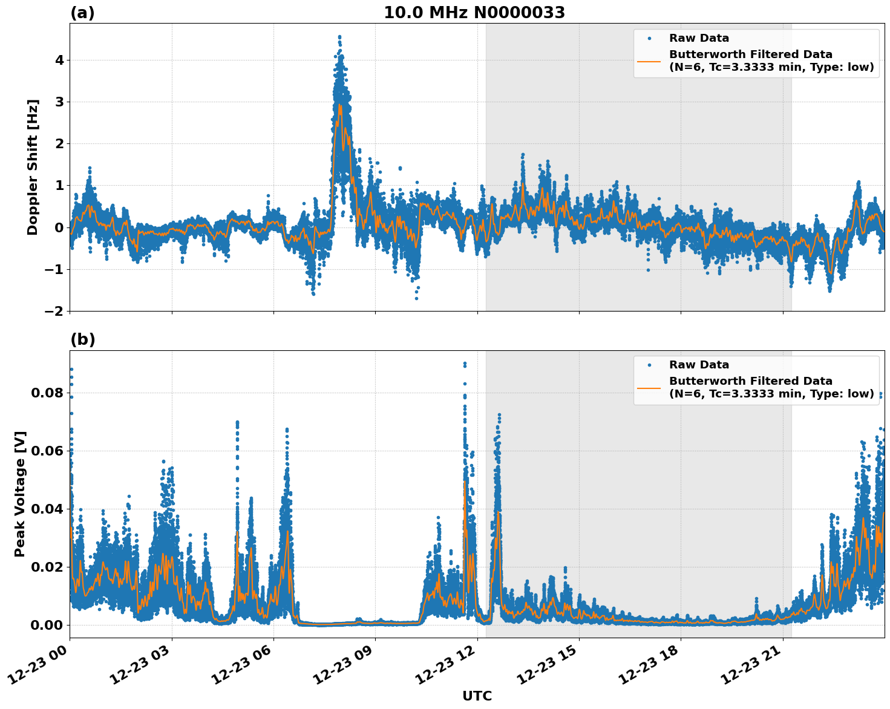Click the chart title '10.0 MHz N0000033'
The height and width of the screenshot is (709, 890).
coord(474,13)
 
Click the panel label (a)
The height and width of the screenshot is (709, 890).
coord(82,13)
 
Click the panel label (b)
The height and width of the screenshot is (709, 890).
coord(82,339)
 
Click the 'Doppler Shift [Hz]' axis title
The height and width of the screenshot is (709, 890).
coord(33,167)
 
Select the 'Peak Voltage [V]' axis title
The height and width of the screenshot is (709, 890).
coord(20,494)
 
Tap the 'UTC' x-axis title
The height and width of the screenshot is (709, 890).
coord(477,696)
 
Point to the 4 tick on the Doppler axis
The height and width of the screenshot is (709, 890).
coord(59,60)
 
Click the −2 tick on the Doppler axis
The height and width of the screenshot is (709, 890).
coord(54,311)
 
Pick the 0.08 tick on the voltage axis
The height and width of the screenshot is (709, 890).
coord(47,393)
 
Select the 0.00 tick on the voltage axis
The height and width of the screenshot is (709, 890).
coord(47,625)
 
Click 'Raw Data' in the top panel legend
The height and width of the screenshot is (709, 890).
coord(699,38)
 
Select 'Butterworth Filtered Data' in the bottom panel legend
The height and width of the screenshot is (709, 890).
coord(750,381)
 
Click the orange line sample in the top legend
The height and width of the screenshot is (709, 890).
coord(649,60)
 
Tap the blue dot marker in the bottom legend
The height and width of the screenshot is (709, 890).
coord(649,365)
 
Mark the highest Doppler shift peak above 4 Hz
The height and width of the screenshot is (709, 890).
coord(339,37)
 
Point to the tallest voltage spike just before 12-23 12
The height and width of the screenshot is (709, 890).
coord(465,364)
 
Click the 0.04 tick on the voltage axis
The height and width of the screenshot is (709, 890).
coord(47,509)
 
